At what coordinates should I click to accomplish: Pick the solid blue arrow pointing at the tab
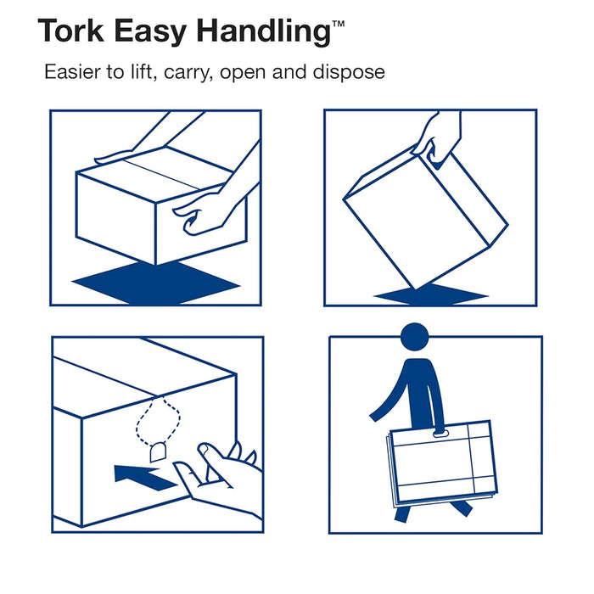(x=144, y=473)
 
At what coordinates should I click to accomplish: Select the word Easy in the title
(x=154, y=33)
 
